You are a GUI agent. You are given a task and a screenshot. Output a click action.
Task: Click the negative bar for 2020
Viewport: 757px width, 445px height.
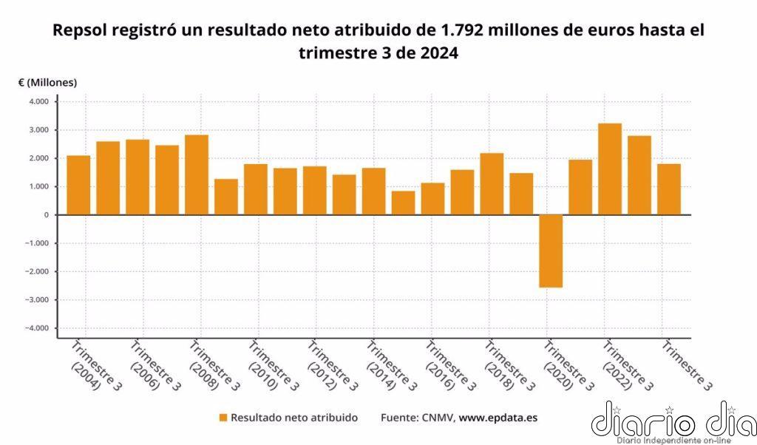pyautogui.click(x=551, y=251)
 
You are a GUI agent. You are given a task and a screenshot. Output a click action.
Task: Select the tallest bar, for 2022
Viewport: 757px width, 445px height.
pyautogui.click(x=610, y=169)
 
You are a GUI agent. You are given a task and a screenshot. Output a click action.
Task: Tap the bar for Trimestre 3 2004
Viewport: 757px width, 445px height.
pyautogui.click(x=78, y=185)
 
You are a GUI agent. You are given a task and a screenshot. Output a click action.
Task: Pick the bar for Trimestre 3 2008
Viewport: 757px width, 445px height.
pyautogui.click(x=197, y=174)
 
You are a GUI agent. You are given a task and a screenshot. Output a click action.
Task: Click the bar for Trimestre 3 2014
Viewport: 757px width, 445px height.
pyautogui.click(x=373, y=191)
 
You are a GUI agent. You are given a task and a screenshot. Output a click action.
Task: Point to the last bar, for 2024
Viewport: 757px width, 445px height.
pyautogui.click(x=669, y=188)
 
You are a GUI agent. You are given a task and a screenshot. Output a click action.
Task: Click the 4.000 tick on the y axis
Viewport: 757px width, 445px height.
pyautogui.click(x=38, y=101)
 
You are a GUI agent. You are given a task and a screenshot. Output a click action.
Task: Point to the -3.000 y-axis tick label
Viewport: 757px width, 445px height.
pyautogui.click(x=36, y=299)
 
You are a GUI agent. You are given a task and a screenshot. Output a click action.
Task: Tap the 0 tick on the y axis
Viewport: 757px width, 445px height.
pyautogui.click(x=45, y=214)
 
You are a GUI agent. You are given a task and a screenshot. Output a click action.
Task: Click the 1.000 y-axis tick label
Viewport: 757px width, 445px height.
pyautogui.click(x=38, y=186)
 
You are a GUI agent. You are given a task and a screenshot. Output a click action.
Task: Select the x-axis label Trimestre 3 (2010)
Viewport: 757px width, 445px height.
pyautogui.click(x=269, y=366)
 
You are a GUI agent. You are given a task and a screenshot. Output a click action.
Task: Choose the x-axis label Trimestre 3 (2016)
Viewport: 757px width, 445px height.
pyautogui.click(x=447, y=366)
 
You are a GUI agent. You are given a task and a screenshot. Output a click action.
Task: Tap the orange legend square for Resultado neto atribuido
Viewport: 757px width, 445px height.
pyautogui.click(x=223, y=418)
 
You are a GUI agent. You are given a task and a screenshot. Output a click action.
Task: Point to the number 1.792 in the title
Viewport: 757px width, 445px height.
pyautogui.click(x=463, y=30)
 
